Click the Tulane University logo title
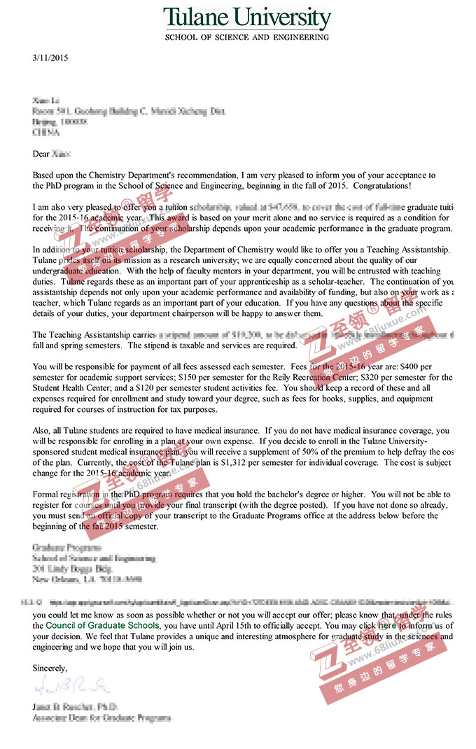pos(246,18)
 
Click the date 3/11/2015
pos(50,58)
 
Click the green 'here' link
pos(387,625)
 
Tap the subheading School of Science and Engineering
pos(246,36)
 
